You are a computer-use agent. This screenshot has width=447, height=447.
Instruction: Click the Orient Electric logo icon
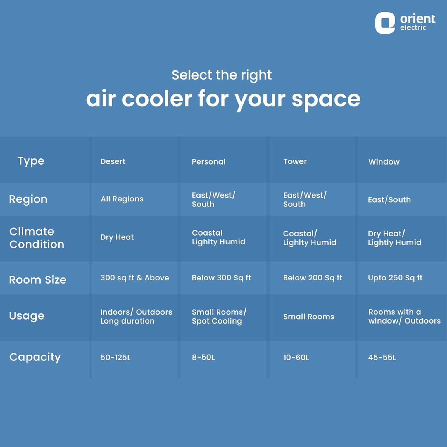385,23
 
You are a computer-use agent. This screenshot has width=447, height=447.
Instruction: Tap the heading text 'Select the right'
222,75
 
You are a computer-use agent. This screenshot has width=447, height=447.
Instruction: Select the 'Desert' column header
113,161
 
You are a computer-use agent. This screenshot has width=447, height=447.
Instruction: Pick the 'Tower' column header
295,161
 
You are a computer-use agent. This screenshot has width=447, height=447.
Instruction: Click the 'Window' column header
384,162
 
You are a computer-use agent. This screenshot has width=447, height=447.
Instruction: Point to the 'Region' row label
28,199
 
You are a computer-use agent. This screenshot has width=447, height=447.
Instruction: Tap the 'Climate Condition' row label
37,238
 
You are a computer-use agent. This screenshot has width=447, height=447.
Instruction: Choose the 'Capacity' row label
35,357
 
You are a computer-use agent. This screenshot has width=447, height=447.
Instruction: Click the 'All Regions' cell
122,199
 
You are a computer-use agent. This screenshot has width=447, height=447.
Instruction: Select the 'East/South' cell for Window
389,199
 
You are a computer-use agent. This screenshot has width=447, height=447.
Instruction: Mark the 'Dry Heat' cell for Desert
117,237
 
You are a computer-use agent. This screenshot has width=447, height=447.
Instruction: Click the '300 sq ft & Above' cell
135,278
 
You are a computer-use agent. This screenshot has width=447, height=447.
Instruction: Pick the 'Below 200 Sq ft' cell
313,278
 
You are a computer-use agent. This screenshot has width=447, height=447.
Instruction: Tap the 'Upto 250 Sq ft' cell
395,278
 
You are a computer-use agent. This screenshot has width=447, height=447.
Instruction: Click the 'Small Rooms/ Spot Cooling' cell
219,317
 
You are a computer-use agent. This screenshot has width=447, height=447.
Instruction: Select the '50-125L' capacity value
115,357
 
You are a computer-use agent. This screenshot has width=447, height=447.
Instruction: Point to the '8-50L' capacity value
203,357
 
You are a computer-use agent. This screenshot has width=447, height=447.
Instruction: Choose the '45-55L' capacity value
382,357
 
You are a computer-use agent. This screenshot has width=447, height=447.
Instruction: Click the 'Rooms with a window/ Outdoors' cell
405,316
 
